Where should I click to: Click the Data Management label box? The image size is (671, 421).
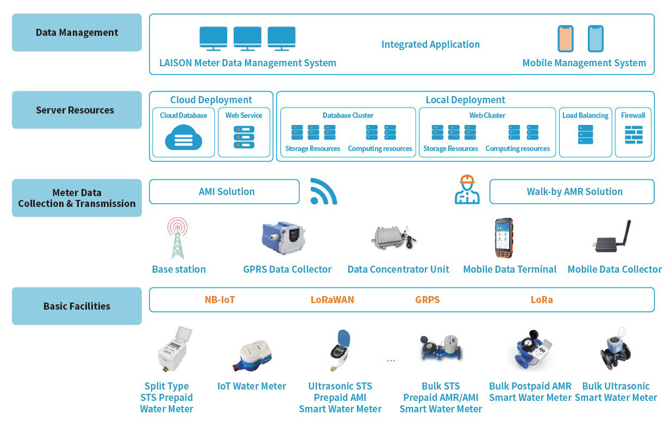click(x=77, y=33)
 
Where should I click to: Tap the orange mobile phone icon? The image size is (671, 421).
click(x=566, y=39)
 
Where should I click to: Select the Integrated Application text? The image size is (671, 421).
click(x=430, y=45)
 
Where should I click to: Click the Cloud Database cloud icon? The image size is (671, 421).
click(x=184, y=138)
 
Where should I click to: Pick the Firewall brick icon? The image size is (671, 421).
click(x=634, y=135)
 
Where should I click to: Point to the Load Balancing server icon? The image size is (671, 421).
click(x=585, y=135)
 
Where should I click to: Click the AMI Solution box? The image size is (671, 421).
click(x=224, y=192)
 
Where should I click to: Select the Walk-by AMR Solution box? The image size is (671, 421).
click(x=572, y=192)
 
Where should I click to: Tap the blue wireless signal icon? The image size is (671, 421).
click(x=323, y=192)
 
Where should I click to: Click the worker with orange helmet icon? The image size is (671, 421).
click(x=467, y=190)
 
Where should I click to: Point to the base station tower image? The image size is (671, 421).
click(x=178, y=238)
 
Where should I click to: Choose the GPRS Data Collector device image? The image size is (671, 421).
click(x=283, y=237)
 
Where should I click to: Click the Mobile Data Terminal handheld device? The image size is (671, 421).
click(x=504, y=238)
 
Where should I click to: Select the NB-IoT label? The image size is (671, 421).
click(x=220, y=300)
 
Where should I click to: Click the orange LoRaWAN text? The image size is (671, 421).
click(x=332, y=300)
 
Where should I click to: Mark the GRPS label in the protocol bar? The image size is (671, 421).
click(x=427, y=300)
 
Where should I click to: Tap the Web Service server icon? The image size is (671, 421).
click(x=244, y=137)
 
